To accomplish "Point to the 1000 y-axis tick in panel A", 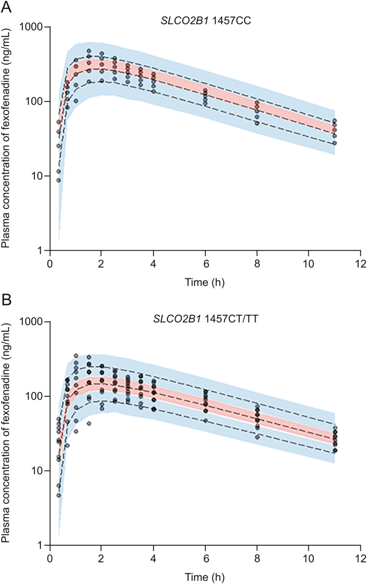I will (35, 27).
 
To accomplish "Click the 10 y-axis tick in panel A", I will (39, 176).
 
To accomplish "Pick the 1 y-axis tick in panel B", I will (42, 545).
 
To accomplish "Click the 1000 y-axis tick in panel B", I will (35, 321).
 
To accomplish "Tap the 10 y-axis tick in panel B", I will (39, 470).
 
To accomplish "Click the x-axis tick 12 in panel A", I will (360, 262).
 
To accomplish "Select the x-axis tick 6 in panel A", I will (205, 262).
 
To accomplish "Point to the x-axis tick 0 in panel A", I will (50, 262).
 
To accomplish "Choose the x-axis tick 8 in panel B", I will (257, 556).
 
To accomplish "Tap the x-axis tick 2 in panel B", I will (101, 556).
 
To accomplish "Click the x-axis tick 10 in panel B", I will (308, 556).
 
